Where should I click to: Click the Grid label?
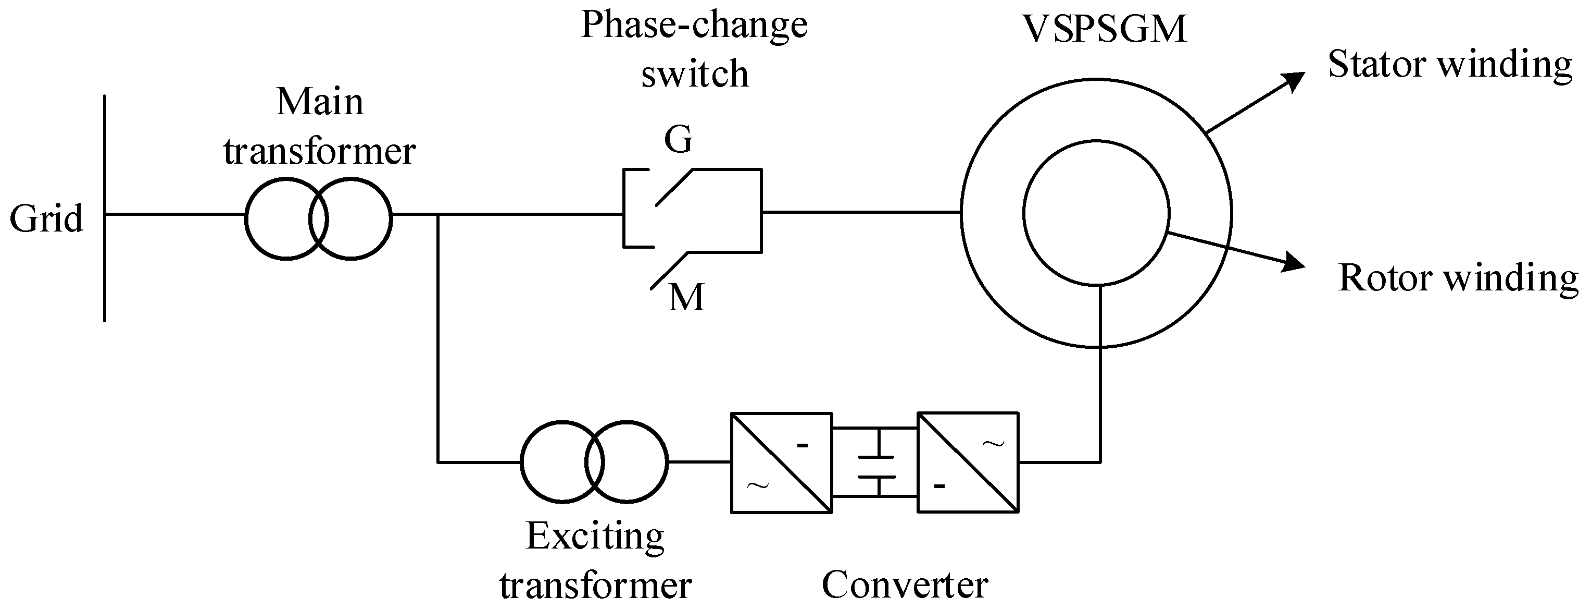pos(46,219)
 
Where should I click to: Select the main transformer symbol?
pos(318,218)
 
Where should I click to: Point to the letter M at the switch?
pos(686,298)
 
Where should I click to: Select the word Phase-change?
pos(694,26)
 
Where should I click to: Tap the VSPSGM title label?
pos(1104,29)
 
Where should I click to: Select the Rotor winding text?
pos(1458,278)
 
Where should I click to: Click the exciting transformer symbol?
pos(594,461)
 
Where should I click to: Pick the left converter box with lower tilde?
pos(781,462)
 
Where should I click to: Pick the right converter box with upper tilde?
pos(968,462)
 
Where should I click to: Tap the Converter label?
pos(904,584)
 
